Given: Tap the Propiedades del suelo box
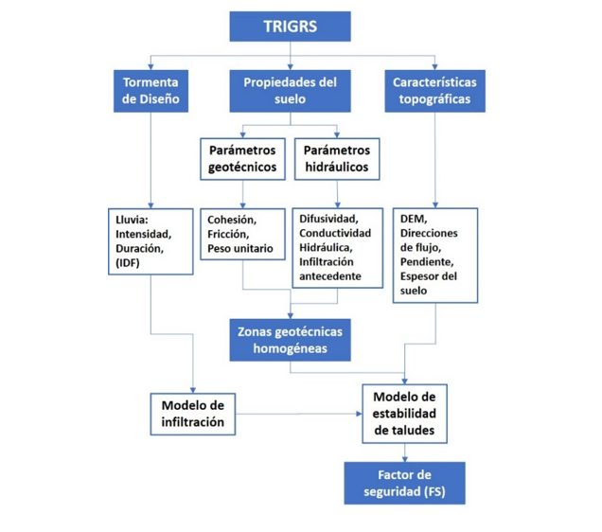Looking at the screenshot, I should pos(290,91).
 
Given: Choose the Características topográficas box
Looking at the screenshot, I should pos(434,91).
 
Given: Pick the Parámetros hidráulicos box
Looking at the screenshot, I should pos(338,160).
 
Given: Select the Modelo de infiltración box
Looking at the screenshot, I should pos(192,414).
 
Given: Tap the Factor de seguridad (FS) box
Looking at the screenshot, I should pos(404,483).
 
